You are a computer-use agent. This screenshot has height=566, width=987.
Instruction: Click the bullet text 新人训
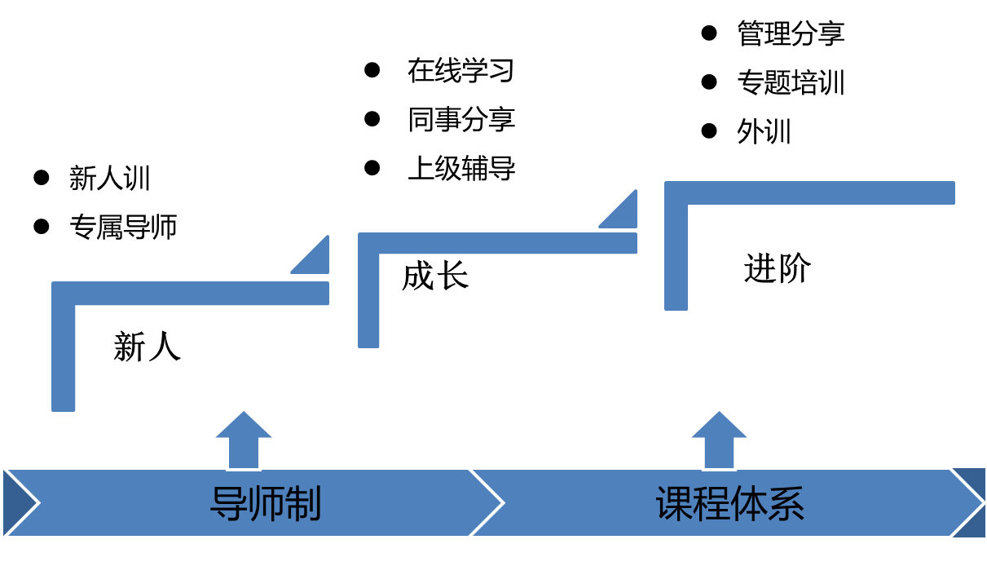[x=110, y=179]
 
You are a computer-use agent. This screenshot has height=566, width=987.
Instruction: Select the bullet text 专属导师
[x=123, y=227]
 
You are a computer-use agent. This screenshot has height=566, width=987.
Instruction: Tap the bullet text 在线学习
[x=461, y=71]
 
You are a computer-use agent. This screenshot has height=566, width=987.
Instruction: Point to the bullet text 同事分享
[x=461, y=120]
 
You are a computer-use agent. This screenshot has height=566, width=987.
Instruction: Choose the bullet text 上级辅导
[x=461, y=169]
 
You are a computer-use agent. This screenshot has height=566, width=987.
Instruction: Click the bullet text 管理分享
[x=791, y=33]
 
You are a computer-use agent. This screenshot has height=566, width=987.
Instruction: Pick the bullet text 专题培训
[x=791, y=82]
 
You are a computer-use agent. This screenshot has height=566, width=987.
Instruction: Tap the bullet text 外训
[x=764, y=131]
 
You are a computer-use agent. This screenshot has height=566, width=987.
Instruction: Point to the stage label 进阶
[x=777, y=269]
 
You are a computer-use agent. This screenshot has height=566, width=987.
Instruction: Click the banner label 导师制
[x=266, y=504]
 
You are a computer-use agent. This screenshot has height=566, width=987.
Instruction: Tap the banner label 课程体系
[x=730, y=504]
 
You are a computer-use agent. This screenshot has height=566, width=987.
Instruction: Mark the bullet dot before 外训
[x=709, y=130]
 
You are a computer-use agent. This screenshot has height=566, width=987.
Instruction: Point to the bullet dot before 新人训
[x=41, y=178]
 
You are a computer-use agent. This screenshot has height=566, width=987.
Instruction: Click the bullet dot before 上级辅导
[x=372, y=168]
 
